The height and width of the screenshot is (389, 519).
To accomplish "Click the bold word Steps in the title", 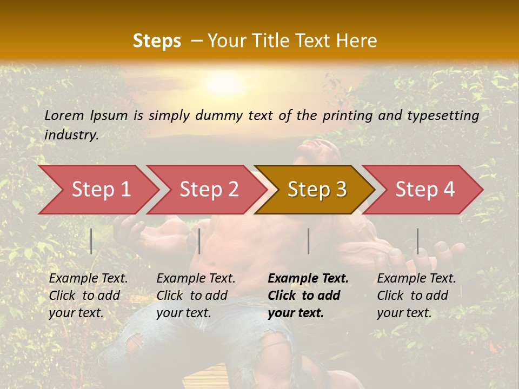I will [x=157, y=41].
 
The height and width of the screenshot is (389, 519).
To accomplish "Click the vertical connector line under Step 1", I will [x=91, y=241].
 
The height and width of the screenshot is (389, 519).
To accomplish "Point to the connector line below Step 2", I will [x=199, y=241].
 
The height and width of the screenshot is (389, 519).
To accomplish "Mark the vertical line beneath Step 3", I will [x=308, y=241].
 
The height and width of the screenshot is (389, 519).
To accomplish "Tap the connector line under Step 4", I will [x=417, y=241].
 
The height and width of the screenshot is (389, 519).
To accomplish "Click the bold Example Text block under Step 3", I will [x=308, y=296].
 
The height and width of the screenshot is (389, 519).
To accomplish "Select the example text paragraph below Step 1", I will [x=88, y=296].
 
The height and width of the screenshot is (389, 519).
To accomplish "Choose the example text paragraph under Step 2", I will [x=196, y=296].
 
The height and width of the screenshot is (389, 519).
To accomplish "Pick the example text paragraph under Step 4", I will [x=416, y=296].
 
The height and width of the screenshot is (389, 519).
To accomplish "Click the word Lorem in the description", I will [x=64, y=115].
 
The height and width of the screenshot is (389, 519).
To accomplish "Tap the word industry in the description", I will [x=71, y=135].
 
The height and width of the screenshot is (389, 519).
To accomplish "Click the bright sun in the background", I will [x=223, y=84].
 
